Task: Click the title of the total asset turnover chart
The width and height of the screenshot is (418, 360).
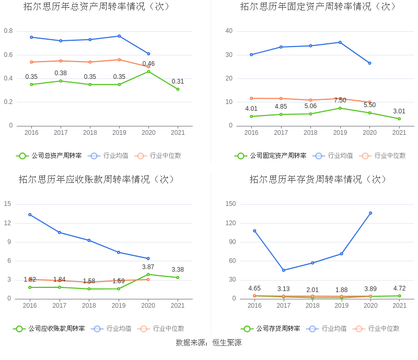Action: (97, 7)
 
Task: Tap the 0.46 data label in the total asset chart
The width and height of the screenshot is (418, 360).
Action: (148, 64)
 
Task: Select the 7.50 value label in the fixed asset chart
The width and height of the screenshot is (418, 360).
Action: (340, 100)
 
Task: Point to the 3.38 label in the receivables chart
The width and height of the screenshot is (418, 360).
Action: (178, 270)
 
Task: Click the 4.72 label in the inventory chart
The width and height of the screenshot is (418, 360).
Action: (399, 288)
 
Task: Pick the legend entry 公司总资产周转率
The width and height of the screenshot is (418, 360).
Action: (49, 155)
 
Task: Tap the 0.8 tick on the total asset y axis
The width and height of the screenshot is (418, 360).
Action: (8, 31)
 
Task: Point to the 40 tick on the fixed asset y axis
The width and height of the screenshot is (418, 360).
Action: (229, 31)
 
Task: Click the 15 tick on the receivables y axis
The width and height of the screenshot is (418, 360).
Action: (7, 204)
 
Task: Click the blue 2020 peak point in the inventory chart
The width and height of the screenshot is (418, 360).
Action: (370, 213)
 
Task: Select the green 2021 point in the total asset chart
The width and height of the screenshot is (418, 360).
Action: (178, 89)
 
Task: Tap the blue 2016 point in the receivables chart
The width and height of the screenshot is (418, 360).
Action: (30, 215)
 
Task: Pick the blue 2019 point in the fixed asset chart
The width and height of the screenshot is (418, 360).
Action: (340, 42)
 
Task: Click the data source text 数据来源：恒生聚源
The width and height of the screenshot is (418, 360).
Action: (208, 343)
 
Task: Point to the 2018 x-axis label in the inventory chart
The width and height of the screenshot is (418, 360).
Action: (312, 306)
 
